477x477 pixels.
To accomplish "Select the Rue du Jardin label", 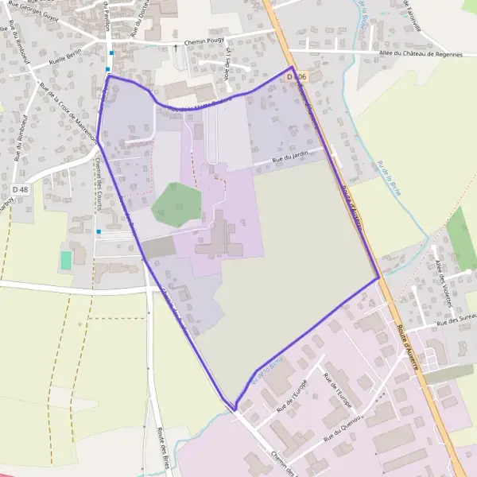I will (x=289, y=159).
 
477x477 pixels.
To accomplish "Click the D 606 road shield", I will (x=297, y=76).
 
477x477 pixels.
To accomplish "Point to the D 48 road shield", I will (x=21, y=189).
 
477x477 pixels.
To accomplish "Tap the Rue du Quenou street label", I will (x=343, y=426).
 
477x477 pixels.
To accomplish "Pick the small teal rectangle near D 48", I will (x=66, y=260).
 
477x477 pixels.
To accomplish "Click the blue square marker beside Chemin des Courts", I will (x=98, y=231).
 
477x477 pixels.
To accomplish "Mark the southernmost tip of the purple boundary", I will (x=235, y=410).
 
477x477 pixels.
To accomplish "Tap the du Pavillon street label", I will (x=106, y=15).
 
